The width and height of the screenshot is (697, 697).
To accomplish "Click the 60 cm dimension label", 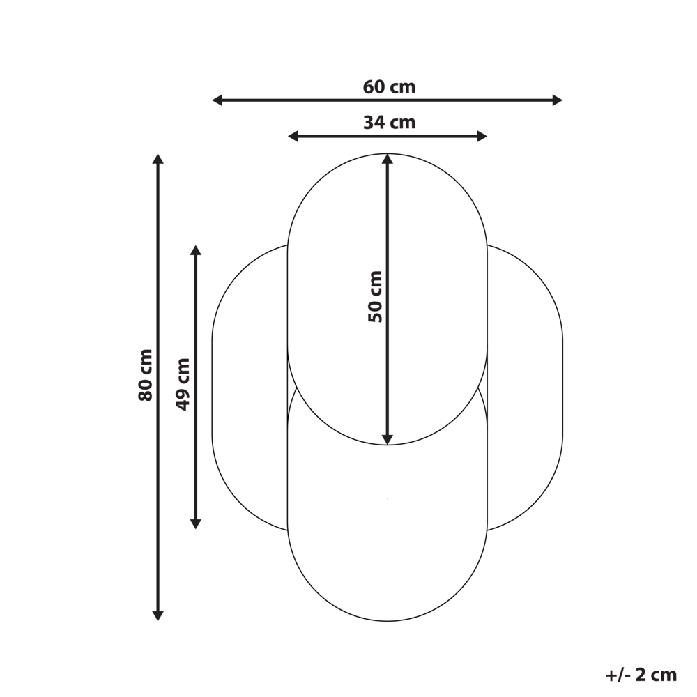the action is coord(389,86).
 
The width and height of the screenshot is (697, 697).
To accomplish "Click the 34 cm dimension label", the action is coord(389,122).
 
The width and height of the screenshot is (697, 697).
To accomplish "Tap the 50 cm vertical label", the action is coord(375,296).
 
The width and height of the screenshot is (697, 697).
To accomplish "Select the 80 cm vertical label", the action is coord(146,375).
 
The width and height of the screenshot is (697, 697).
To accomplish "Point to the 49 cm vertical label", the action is coord(183,385).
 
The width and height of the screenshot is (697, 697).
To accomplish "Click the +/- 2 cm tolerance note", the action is coord(641,675).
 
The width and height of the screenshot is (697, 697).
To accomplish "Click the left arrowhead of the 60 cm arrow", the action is coord(217,100).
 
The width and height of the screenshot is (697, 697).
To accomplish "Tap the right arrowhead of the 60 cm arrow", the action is coord(558,100).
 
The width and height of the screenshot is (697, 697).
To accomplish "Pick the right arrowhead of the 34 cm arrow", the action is coord(482,136).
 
